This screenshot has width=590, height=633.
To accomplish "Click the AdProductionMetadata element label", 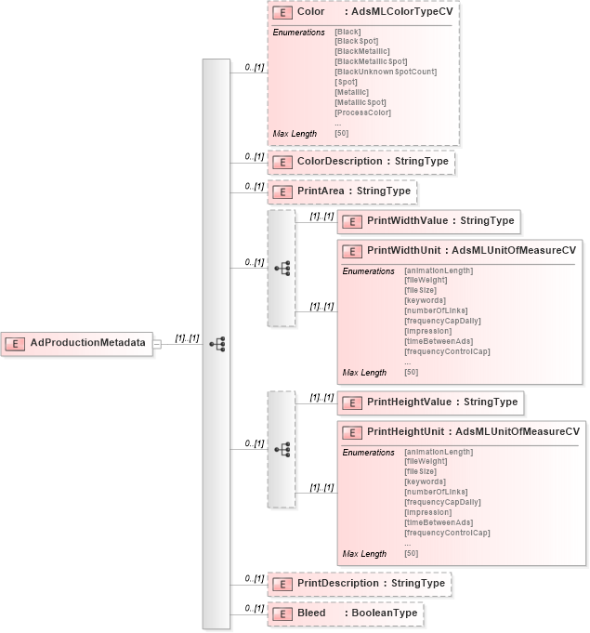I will tap(88, 343).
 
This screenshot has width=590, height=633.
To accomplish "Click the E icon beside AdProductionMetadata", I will tap(16, 343).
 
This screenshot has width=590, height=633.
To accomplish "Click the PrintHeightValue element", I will tap(429, 402).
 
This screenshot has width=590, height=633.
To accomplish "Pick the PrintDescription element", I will tap(359, 584).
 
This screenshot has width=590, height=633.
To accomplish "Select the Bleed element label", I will tap(311, 613).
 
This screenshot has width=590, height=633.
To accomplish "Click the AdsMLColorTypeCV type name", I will tap(401, 13).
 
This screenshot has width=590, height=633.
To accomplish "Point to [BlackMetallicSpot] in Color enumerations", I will tap(371, 61).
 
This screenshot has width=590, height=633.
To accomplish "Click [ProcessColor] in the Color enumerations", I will tap(362, 112).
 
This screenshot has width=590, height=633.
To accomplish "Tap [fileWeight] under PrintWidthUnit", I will tap(426, 280).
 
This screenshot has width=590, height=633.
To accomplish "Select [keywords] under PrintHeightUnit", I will tap(425, 481).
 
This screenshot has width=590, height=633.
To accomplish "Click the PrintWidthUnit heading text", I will tap(407, 251).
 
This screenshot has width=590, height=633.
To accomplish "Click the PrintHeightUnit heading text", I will tap(407, 432).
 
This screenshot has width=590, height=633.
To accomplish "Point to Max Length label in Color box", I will tap(295, 134).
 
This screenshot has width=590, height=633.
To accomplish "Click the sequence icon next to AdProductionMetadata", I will tap(217, 344).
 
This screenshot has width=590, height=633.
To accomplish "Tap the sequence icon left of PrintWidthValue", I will tap(282, 268).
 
